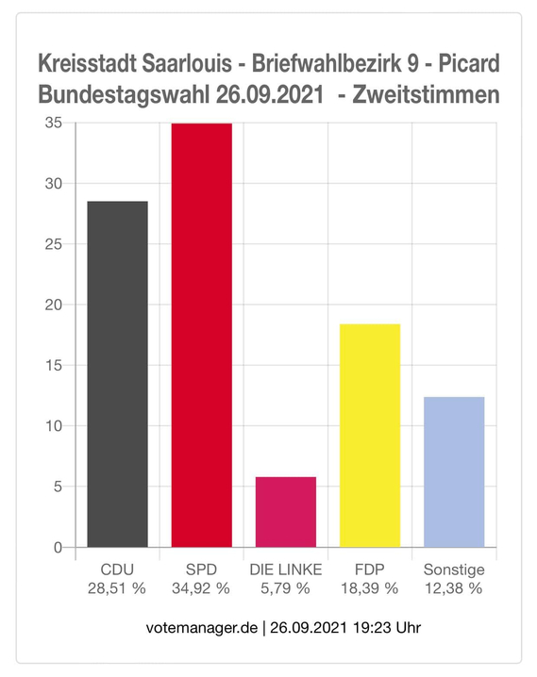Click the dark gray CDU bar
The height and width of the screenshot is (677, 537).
[118, 374]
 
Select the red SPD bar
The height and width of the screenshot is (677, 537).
[202, 336]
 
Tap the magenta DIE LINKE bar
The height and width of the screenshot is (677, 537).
[286, 512]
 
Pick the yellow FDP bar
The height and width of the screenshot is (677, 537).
[370, 436]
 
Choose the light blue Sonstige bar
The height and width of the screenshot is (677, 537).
[454, 472]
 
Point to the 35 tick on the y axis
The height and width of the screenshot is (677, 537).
[54, 124]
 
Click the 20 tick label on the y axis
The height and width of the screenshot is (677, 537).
[54, 305]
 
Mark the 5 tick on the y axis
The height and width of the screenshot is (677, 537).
[59, 487]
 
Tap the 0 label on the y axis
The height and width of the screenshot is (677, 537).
[59, 548]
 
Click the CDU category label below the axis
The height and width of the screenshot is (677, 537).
[117, 570]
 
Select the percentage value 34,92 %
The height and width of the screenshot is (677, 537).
[201, 588]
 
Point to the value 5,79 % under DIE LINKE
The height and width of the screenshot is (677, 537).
[285, 588]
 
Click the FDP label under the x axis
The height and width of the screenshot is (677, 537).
[369, 570]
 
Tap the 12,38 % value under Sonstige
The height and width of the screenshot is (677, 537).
[454, 588]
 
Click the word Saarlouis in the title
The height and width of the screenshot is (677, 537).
[187, 63]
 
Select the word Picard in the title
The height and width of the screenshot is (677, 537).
[469, 63]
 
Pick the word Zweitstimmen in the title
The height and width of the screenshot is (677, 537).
[426, 94]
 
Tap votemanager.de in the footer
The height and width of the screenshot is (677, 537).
[202, 627]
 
